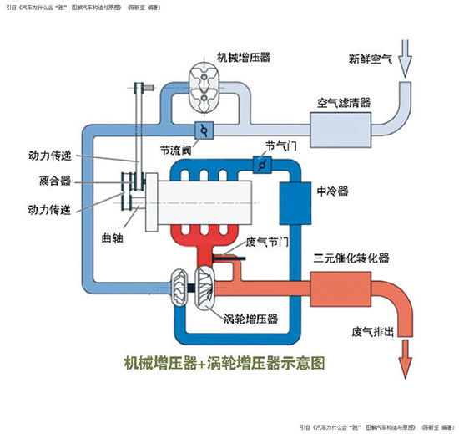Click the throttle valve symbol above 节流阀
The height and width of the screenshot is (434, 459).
click(x=204, y=129)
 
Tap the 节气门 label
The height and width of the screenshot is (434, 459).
click(x=280, y=145)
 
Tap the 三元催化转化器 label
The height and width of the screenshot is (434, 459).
click(x=351, y=258)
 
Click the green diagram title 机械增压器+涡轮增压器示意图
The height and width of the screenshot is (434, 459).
click(x=222, y=364)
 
